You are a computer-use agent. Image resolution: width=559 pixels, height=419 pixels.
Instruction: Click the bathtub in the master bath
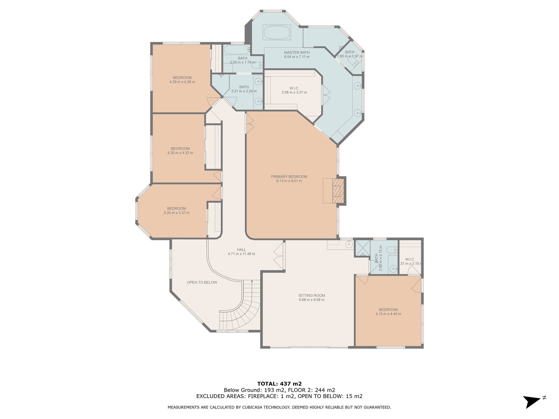(277, 32)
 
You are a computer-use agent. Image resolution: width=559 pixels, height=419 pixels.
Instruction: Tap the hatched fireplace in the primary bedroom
(338, 191)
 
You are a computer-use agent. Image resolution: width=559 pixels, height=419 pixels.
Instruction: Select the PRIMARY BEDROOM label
(289, 177)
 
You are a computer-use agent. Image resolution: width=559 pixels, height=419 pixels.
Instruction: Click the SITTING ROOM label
(312, 295)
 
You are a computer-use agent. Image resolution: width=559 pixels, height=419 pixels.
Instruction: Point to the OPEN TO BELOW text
(202, 282)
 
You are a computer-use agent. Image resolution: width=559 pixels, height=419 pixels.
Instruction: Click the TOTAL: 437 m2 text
(279, 384)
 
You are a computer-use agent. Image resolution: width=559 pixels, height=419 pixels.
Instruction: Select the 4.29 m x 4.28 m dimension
(182, 82)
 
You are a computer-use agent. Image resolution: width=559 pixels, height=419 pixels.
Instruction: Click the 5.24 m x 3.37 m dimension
(176, 213)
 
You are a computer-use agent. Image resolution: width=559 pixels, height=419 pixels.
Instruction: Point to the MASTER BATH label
(297, 52)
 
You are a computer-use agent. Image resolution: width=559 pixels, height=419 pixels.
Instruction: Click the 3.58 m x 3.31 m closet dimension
(294, 92)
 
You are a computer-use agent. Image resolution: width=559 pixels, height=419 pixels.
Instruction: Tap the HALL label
(241, 250)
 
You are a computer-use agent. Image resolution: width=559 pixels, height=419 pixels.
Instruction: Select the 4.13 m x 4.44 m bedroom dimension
(388, 314)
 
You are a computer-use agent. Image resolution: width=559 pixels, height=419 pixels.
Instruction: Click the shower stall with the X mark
(362, 248)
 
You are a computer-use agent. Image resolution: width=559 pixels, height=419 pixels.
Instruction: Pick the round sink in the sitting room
(349, 244)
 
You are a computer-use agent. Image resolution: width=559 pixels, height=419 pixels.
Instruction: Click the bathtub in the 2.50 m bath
(236, 49)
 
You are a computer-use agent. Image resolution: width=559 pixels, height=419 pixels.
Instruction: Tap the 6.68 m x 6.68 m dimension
(311, 300)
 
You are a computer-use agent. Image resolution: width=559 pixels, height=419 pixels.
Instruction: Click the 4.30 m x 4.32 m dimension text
(180, 153)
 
